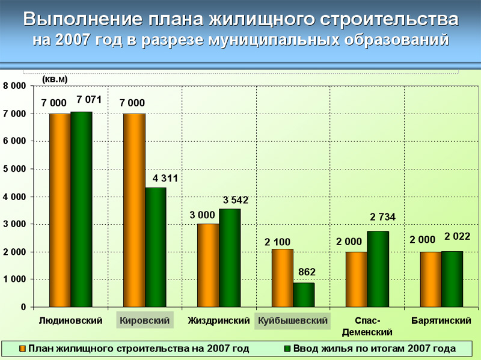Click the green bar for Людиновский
point(81,209)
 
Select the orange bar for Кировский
point(134,210)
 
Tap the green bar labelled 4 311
point(156,247)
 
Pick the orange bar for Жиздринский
point(208,265)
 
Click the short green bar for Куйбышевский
point(304,294)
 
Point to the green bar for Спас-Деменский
point(378,269)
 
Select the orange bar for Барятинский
point(430,279)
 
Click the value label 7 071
point(84,100)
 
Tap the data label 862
point(307,272)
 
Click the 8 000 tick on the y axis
point(14,86)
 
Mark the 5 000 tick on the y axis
point(14,169)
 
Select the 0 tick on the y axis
point(23,307)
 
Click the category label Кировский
point(145,321)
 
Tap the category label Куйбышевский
point(293,321)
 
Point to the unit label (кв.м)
point(55,79)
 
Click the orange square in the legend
point(23,348)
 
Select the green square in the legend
point(287,348)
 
